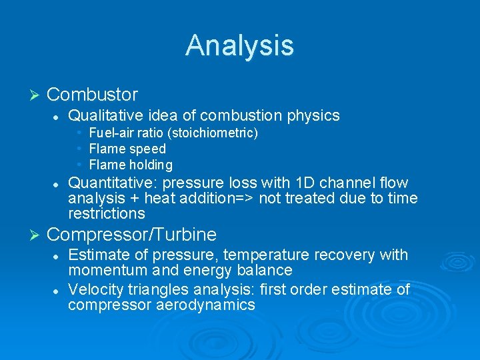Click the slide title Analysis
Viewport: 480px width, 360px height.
pos(239,45)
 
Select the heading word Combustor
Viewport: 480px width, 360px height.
pos(93,94)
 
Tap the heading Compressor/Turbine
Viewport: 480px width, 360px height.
pos(132,234)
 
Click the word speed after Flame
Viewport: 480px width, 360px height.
pos(147,149)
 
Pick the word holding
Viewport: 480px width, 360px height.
pos(152,165)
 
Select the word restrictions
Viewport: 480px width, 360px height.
pos(106,213)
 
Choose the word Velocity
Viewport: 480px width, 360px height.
pos(94,289)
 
